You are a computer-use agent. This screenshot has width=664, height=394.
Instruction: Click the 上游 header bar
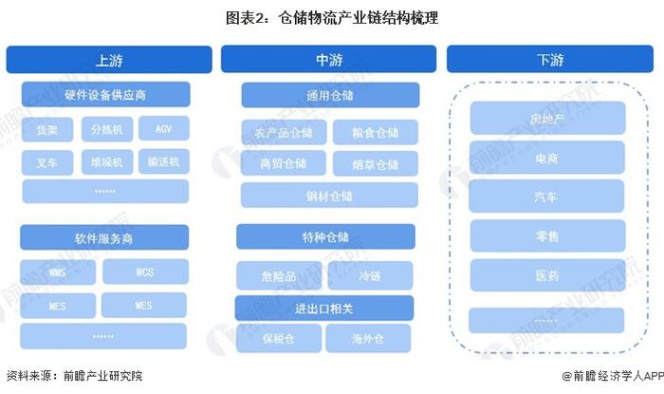109,60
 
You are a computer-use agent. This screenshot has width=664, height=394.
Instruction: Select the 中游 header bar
328,59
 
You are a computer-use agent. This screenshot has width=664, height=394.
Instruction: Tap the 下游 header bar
550,59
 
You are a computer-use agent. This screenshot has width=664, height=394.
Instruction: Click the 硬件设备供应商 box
106,95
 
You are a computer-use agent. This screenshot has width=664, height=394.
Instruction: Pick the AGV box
164,128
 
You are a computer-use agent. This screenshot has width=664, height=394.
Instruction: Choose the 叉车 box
47,162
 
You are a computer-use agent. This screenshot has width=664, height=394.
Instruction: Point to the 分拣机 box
107,129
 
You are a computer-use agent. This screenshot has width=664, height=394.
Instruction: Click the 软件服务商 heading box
104,237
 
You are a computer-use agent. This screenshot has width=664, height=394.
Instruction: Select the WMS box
58,272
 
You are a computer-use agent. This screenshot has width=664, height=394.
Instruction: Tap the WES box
144,305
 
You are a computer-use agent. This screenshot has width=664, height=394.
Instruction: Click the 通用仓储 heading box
330,95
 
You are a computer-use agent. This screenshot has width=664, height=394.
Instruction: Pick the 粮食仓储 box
376,132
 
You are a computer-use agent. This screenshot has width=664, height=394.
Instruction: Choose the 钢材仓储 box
329,196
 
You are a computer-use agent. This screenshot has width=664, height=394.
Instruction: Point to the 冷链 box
370,275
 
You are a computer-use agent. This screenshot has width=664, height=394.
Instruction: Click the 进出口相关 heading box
324,308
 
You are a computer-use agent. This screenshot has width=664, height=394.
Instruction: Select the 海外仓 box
368,339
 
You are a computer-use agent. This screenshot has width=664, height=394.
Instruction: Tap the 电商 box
547,158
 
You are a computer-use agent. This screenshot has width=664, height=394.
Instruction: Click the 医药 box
547,275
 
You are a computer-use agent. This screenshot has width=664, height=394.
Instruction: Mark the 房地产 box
547,118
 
